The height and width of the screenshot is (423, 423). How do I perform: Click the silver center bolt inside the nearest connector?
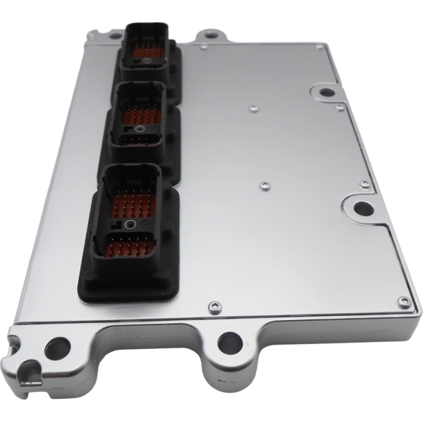130,225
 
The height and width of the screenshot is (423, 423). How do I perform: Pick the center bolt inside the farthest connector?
147,61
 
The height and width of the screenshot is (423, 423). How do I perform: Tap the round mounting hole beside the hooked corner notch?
56,347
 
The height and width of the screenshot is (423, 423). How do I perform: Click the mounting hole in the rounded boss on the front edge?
230,343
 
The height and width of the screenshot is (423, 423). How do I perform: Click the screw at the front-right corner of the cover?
403,302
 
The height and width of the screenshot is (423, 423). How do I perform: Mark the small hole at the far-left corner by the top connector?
114,33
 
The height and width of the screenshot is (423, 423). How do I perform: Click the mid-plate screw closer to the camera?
264,186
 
